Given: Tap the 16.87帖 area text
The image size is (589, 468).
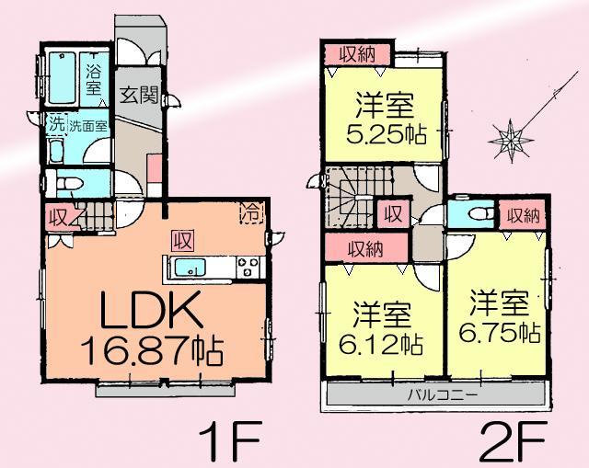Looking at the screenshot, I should coord(153,352).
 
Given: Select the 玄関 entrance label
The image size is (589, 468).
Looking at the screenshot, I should coord(142,95).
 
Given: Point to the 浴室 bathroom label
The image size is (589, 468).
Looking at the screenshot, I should coord(94,80).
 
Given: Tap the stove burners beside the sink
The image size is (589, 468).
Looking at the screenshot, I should coord(248,268).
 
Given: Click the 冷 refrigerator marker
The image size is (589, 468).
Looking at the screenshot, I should coord(250,210).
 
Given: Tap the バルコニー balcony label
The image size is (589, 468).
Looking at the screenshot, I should coord(442,396).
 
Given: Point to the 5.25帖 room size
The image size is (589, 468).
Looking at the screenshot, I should coord(387,134).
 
